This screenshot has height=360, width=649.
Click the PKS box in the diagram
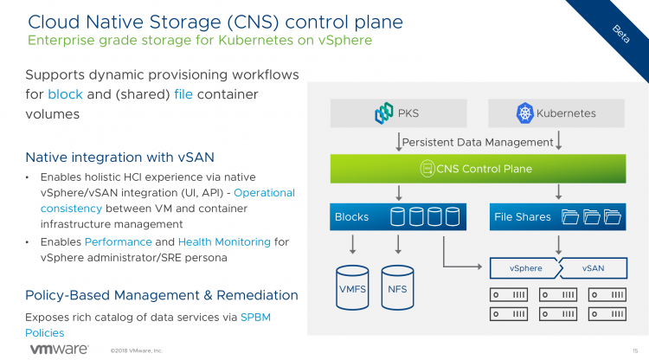pos(398,112)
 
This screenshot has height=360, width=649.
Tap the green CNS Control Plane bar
pos(477,168)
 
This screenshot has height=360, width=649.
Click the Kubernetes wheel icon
pos(524,112)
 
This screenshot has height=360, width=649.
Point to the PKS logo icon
pos(384,112)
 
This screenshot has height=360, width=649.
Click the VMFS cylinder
pos(353,288)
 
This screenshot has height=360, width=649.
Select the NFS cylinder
pos(398,288)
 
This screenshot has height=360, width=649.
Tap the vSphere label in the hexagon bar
pos(526,268)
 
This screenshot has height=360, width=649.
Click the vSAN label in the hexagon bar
pos(593,268)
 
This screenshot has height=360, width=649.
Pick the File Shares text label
pos(522,216)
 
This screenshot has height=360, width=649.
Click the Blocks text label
pos(351,216)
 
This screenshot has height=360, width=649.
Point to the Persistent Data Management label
pos(478,142)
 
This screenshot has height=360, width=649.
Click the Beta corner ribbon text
pos(620,32)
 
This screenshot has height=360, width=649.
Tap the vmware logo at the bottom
pos(59,349)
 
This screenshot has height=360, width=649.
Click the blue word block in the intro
pos(65,93)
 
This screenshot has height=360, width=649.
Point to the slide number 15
pos(635,350)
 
